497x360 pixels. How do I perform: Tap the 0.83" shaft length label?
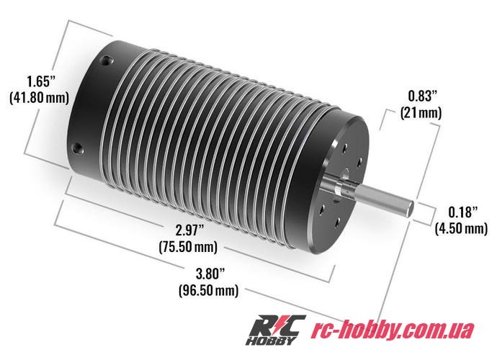point(421,95)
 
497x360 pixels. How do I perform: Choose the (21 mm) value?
point(421,112)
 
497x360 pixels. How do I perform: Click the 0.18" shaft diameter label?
point(460,212)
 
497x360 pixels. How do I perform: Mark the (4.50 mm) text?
point(460,229)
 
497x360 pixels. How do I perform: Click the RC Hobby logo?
point(277,330)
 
